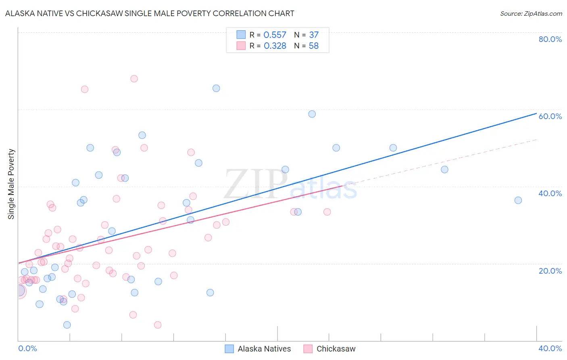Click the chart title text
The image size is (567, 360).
coord(150,13)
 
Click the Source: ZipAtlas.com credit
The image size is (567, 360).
coord(531,13)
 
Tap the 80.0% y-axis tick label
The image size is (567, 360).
coord(550,39)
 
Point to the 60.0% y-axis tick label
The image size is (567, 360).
coord(550,116)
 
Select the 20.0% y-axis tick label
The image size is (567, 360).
coord(550,271)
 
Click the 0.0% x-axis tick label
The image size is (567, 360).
coord(27,348)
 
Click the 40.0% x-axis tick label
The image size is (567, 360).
coord(550,348)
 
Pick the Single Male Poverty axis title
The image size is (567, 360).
coord(11,184)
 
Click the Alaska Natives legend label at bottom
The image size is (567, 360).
coord(264,349)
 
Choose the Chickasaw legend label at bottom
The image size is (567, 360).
coord(336,349)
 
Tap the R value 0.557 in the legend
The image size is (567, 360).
coord(275,35)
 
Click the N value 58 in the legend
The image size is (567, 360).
coord(313,46)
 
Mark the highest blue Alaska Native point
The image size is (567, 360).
coord(216,88)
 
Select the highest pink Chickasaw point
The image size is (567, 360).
coord(134,79)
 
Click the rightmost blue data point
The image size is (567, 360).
coord(518,200)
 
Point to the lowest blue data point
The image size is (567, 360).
coord(67,325)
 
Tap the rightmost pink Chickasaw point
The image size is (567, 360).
coord(327,212)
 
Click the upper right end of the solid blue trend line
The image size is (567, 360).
coord(536,113)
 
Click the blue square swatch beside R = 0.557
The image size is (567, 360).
coord(241,35)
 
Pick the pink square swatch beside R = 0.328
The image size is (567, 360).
coord(241,46)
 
